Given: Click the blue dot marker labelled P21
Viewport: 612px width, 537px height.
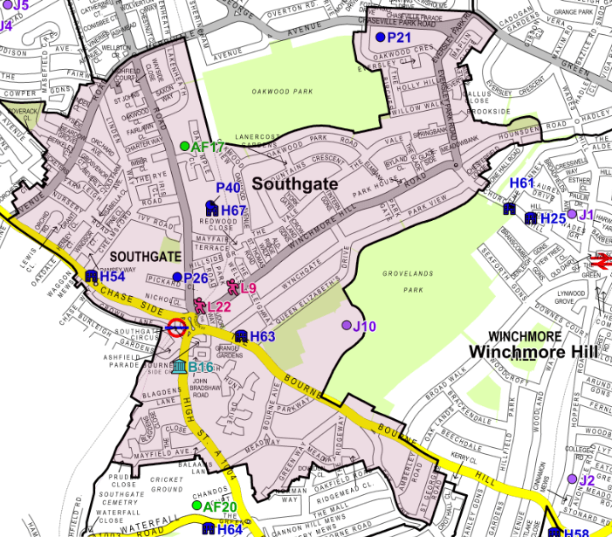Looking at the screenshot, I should pyautogui.click(x=380, y=38).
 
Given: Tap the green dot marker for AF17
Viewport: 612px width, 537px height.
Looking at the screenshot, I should pyautogui.click(x=184, y=147).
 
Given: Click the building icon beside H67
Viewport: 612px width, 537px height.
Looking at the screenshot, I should pyautogui.click(x=211, y=210).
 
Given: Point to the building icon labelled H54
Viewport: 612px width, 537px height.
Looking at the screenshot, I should pyautogui.click(x=91, y=276).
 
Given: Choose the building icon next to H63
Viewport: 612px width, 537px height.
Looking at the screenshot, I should pyautogui.click(x=241, y=336).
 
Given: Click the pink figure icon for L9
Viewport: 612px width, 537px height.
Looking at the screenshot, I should pyautogui.click(x=232, y=286).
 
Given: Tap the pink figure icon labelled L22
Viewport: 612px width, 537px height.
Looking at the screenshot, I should pyautogui.click(x=200, y=305).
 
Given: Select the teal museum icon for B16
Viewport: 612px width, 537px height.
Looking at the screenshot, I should pyautogui.click(x=179, y=366).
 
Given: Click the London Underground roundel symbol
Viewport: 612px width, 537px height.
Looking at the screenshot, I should pyautogui.click(x=175, y=327).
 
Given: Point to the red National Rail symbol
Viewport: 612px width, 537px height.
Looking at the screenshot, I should pyautogui.click(x=601, y=260).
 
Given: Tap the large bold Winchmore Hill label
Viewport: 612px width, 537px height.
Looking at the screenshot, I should pyautogui.click(x=532, y=351).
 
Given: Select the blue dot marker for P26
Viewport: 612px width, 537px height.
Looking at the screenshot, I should pyautogui.click(x=176, y=278).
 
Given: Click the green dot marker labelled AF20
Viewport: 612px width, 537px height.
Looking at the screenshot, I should pyautogui.click(x=197, y=506).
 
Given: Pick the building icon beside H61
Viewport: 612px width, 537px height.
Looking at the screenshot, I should pyautogui.click(x=509, y=208).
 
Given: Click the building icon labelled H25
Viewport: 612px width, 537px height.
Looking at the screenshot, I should pyautogui.click(x=530, y=218).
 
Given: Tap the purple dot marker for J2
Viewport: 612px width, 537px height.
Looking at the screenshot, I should pyautogui.click(x=570, y=479).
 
